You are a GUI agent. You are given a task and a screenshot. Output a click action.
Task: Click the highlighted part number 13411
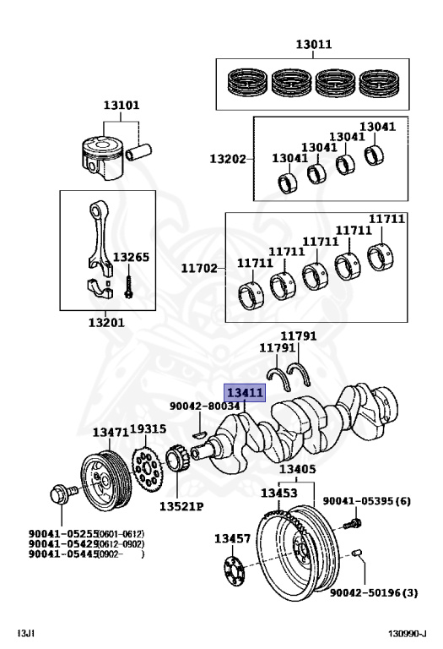[245, 393]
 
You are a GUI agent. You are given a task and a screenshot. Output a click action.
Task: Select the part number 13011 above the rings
[312, 44]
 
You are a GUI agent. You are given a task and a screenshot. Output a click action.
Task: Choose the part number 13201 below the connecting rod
[107, 322]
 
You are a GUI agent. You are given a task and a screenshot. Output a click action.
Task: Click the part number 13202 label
[227, 158]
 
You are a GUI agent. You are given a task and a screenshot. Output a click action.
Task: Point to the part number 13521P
[178, 507]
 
